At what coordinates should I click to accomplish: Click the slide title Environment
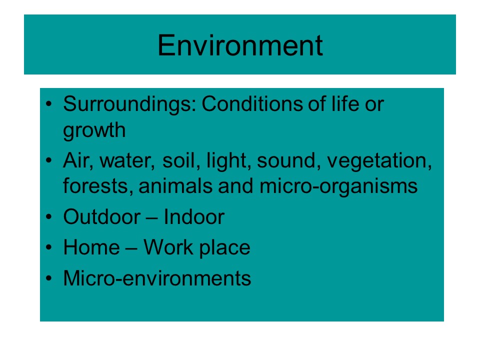click(240, 45)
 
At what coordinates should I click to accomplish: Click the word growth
click(94, 130)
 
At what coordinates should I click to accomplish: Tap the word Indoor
click(194, 217)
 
